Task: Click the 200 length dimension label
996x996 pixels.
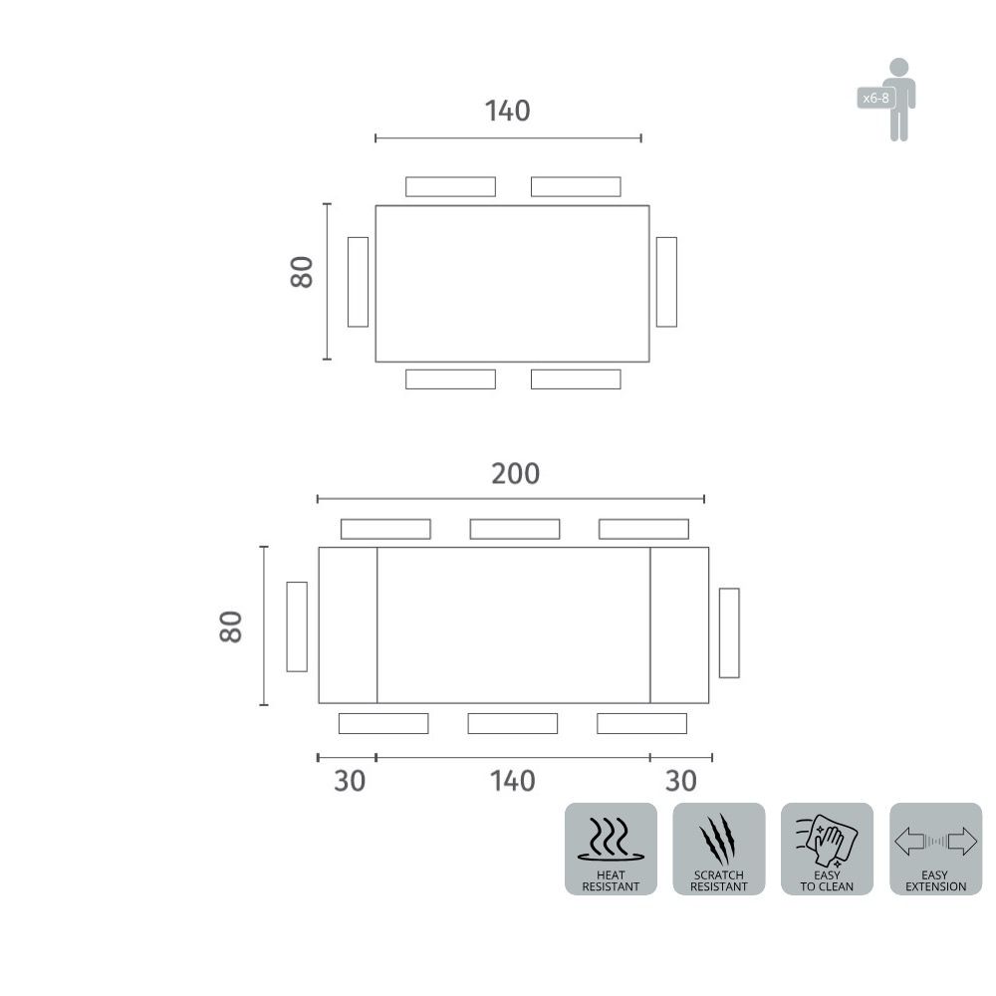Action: point(515,474)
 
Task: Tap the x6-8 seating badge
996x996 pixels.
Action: point(875,98)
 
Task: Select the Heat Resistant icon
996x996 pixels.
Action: point(611,849)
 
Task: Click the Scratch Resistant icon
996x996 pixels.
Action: point(718,849)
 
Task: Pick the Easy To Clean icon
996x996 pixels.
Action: point(827,849)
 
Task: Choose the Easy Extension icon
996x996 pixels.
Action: point(935,849)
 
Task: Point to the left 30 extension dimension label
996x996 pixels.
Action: point(350,781)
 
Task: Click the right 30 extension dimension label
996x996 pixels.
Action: point(681,781)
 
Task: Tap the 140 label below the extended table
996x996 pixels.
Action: point(513,781)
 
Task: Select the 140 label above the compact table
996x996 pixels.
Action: point(508,112)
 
